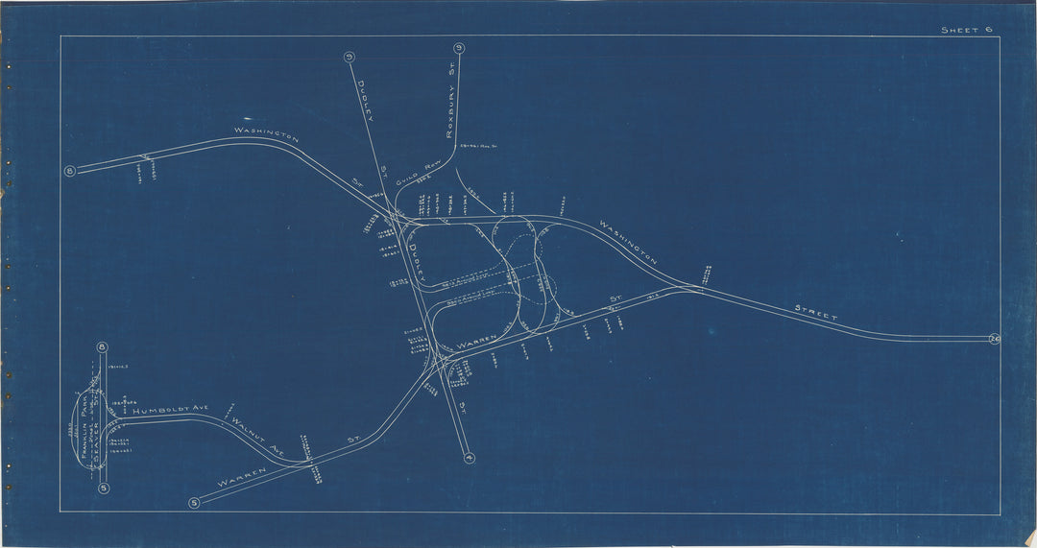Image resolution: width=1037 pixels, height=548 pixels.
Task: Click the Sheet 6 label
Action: point(965,30)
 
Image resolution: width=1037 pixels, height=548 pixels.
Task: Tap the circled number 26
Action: point(993,339)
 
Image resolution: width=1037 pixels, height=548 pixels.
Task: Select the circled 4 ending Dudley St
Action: point(468,457)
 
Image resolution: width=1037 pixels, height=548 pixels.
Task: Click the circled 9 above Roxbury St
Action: point(459,49)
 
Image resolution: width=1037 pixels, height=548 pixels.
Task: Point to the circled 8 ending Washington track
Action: point(69,172)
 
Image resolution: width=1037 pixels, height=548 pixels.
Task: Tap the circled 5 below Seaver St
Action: point(103,488)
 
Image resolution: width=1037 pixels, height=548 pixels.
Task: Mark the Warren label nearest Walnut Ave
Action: point(239,482)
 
